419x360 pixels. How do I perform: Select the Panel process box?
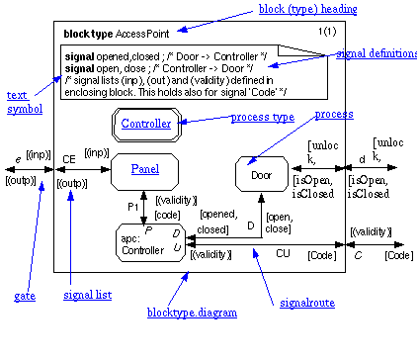[145, 170]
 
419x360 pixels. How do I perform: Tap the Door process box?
[261, 174]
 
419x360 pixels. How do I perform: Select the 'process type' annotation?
[264, 118]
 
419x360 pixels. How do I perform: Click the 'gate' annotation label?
[25, 296]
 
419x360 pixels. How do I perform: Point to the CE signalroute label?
[70, 158]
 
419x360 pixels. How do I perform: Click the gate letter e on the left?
[18, 157]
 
